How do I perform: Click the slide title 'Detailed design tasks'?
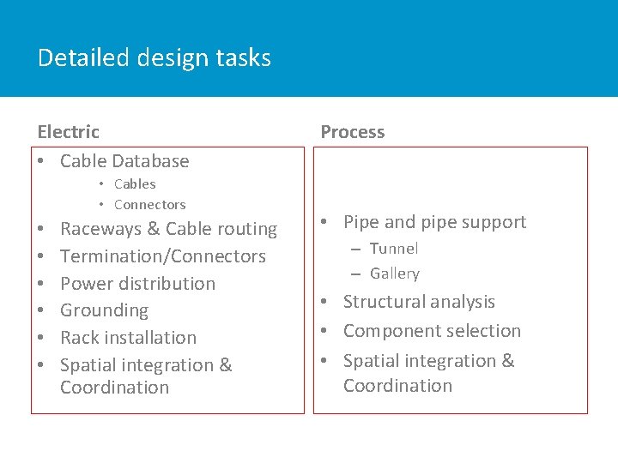tap(154, 58)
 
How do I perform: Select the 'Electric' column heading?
tap(69, 132)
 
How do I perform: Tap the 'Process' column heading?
tap(352, 132)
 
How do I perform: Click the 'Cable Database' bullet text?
tap(124, 161)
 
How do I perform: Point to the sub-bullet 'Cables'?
tap(135, 183)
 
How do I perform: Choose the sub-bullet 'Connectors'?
tap(149, 204)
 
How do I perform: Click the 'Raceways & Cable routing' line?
tap(168, 229)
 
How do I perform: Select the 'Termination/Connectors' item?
tap(163, 256)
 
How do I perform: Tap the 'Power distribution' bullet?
tap(137, 284)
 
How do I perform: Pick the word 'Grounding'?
tap(104, 310)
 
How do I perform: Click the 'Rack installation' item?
tap(128, 338)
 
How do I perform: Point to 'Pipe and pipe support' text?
tap(434, 222)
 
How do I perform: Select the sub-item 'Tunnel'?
tap(394, 249)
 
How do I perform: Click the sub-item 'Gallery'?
tap(395, 274)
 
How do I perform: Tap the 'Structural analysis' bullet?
tap(419, 302)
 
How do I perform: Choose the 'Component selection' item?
tap(432, 331)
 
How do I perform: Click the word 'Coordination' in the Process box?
tap(397, 386)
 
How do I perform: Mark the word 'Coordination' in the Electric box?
tap(114, 388)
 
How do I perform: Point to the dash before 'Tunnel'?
tap(354, 249)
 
